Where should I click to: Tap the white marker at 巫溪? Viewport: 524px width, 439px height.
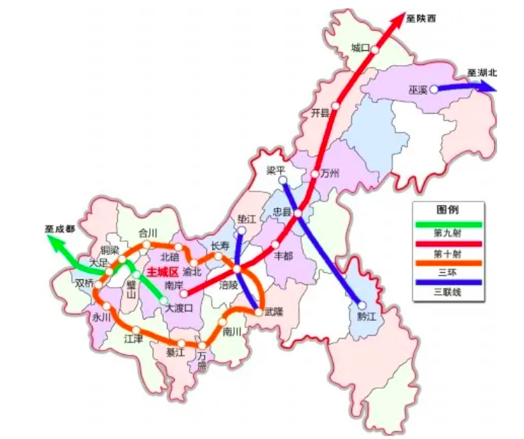click(433, 89)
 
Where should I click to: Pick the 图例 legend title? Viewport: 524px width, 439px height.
click(448, 211)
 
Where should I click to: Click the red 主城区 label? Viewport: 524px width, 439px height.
click(159, 271)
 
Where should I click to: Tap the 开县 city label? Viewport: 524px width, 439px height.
click(320, 112)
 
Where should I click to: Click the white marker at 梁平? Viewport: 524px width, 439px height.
click(282, 181)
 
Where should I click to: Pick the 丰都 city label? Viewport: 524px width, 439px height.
click(282, 256)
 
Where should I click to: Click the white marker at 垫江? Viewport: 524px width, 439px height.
click(241, 230)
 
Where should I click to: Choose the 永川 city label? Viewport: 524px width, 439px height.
click(101, 317)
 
